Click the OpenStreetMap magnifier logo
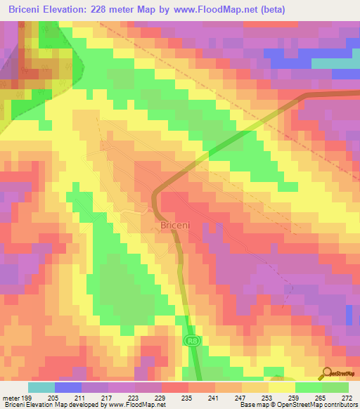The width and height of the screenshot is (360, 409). click(x=326, y=374)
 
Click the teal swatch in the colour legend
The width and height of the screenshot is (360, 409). click(x=41, y=387)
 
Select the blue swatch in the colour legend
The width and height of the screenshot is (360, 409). click(x=68, y=387)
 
